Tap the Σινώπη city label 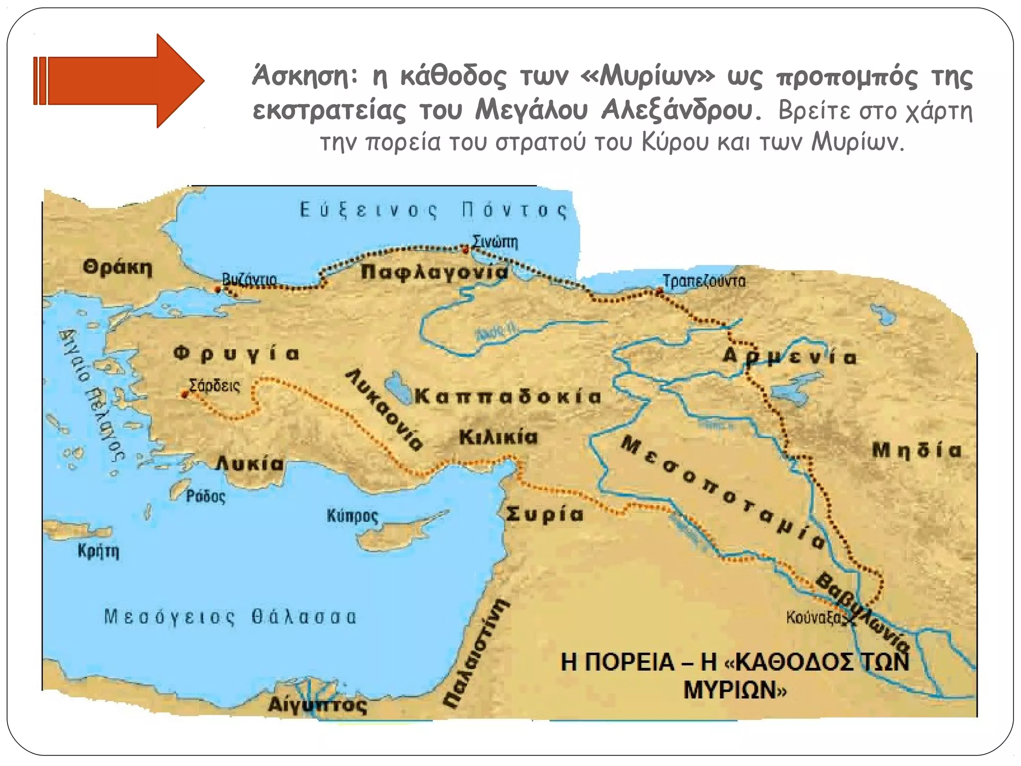495,242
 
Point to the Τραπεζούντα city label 704,281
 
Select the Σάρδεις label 214,385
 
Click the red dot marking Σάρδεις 184,394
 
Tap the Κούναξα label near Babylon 813,617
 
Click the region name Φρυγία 236,354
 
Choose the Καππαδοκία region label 508,396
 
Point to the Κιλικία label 498,437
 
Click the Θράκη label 117,268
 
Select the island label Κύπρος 352,515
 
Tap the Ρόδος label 206,496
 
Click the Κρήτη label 98,552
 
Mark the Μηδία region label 916,450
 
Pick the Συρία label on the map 544,514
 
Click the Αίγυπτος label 318,704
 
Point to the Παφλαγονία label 434,272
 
